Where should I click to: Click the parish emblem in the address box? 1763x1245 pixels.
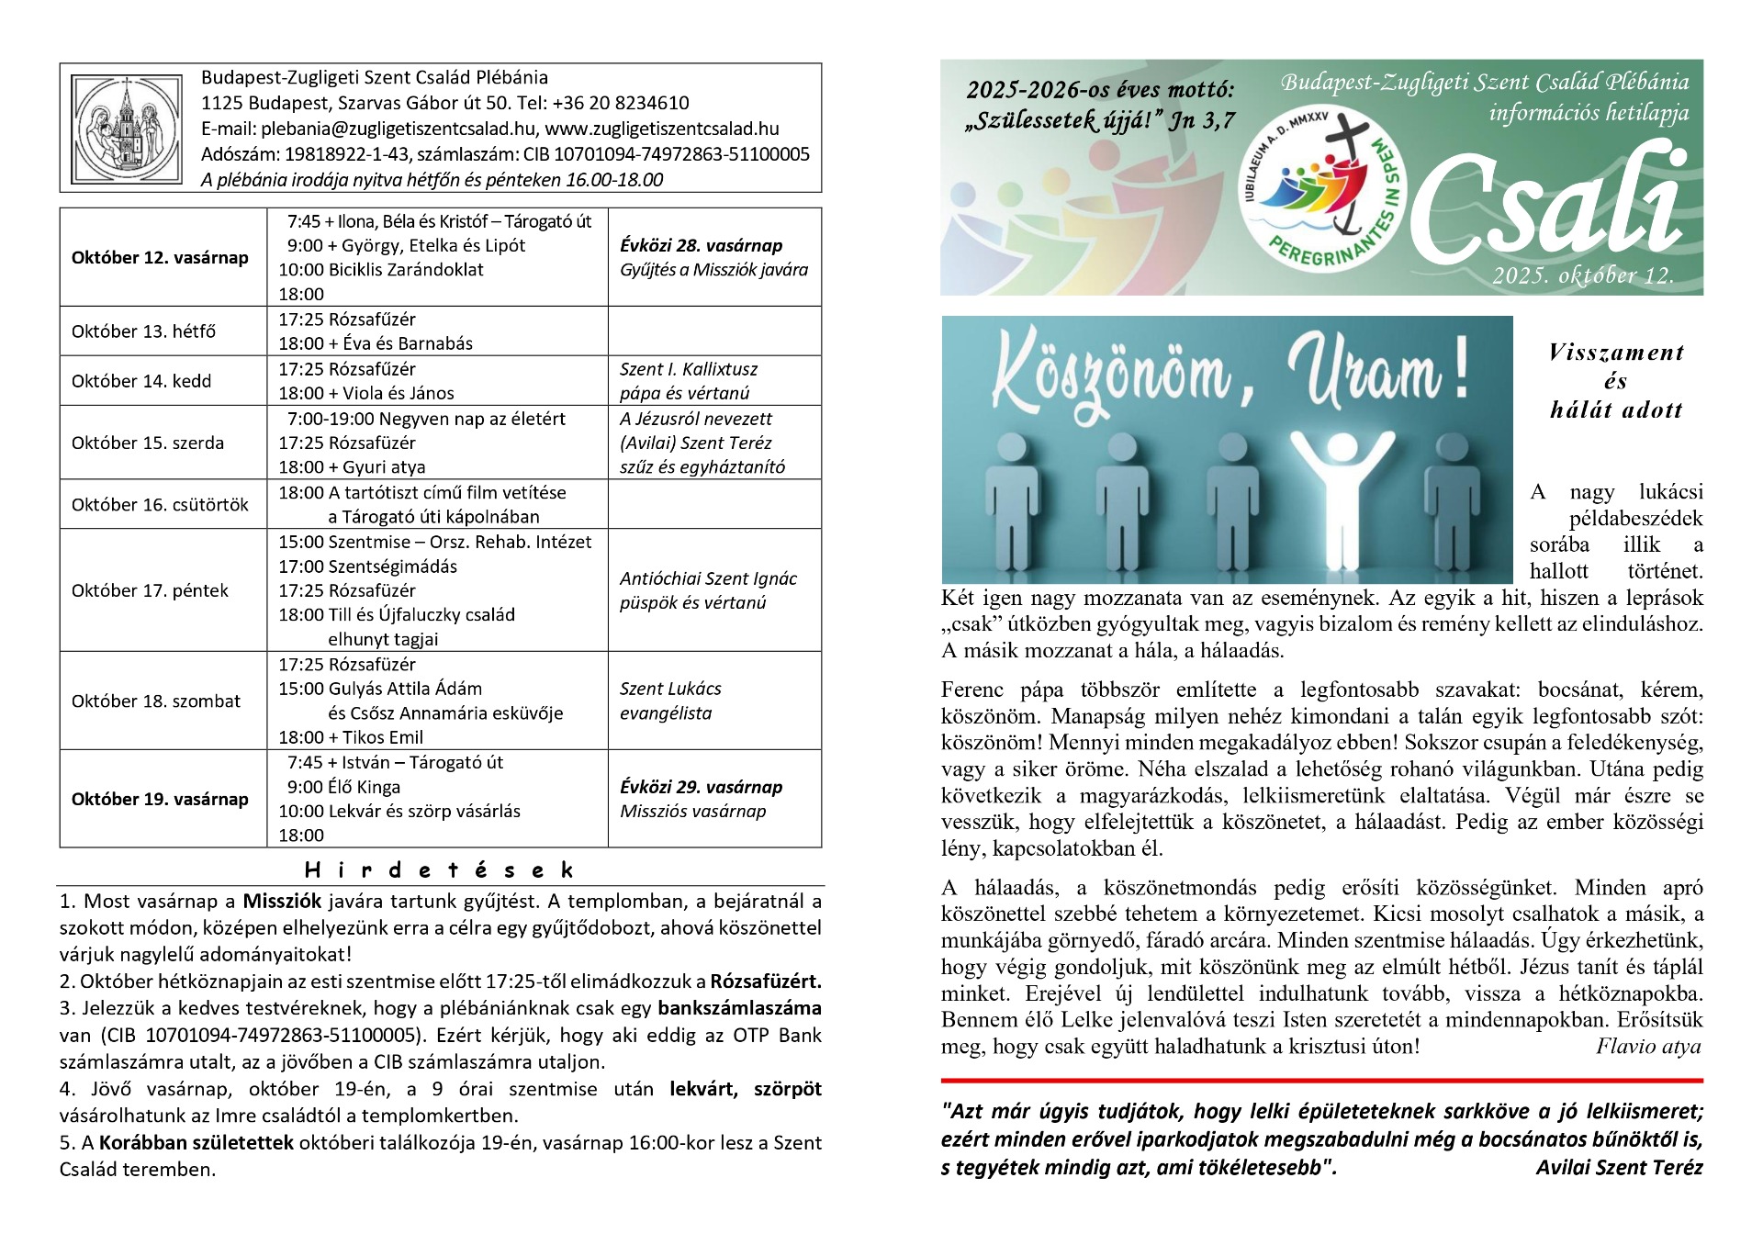coord(127,128)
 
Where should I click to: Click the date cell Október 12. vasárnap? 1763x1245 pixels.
coord(160,258)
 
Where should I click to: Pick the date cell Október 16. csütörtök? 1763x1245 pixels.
coord(160,505)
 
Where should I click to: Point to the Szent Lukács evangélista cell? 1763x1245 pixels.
coord(670,701)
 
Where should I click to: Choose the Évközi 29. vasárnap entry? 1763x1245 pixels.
coord(701,787)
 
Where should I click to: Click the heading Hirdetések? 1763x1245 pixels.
coord(439,869)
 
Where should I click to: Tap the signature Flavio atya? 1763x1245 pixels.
coord(1648,1047)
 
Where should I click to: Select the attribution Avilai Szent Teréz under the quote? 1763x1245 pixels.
coord(1619,1168)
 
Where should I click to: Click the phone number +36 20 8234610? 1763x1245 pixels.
coord(624,103)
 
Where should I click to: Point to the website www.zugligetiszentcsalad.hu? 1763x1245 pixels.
coord(662,129)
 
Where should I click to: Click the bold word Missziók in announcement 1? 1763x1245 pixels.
coord(281,902)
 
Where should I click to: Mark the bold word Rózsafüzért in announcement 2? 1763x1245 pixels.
coord(766,981)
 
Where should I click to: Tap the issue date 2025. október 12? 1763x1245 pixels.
coord(1582,275)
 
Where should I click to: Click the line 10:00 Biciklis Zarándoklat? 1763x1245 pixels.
coord(381,270)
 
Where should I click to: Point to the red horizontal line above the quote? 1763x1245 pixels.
coord(1321,1081)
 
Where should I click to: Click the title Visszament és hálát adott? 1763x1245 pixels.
coord(1615,380)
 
